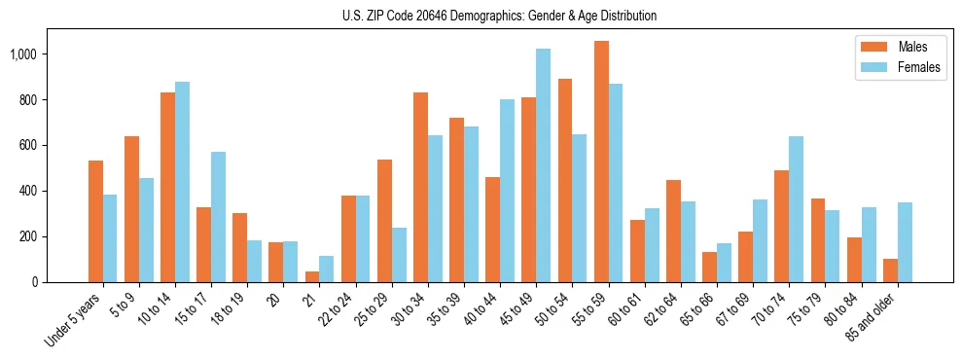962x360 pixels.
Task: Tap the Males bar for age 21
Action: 312,276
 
